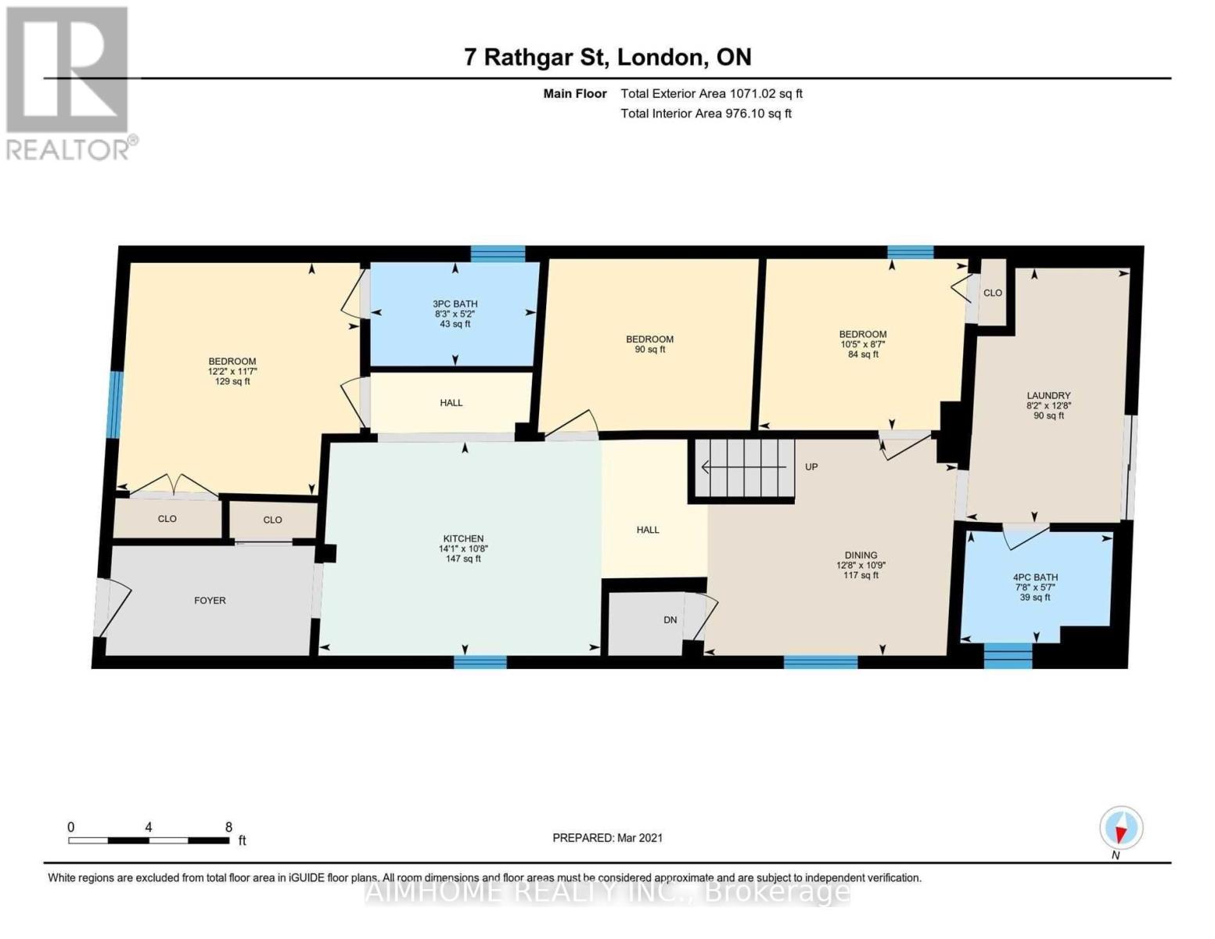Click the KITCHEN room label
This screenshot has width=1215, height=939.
pyautogui.click(x=463, y=539)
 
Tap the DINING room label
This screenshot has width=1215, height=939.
pyautogui.click(x=861, y=556)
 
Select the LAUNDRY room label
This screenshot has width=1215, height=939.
pyautogui.click(x=1048, y=396)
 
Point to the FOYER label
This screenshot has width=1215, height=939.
pyautogui.click(x=210, y=601)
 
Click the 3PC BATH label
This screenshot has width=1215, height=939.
pyautogui.click(x=455, y=304)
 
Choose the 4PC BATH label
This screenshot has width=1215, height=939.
pyautogui.click(x=1035, y=577)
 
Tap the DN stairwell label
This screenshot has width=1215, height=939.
pyautogui.click(x=670, y=621)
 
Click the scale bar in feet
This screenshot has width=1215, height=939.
pyautogui.click(x=149, y=840)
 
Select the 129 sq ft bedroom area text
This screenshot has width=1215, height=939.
pyautogui.click(x=232, y=382)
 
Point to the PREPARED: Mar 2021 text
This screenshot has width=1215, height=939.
pyautogui.click(x=607, y=838)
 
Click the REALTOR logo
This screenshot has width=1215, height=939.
pyautogui.click(x=69, y=82)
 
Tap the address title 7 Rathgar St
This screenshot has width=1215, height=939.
pyautogui.click(x=607, y=57)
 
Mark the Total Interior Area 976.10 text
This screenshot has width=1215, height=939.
pyautogui.click(x=706, y=113)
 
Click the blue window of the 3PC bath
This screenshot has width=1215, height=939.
pyautogui.click(x=498, y=254)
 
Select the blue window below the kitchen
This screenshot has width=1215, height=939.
pyautogui.click(x=480, y=663)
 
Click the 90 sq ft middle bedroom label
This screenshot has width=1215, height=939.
pyautogui.click(x=649, y=344)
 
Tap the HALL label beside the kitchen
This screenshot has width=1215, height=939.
pyautogui.click(x=648, y=530)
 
